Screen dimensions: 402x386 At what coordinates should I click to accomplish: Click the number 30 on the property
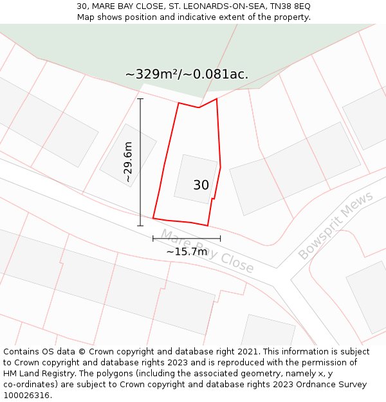click(x=201, y=185)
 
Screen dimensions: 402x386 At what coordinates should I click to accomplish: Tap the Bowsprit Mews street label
click(x=336, y=226)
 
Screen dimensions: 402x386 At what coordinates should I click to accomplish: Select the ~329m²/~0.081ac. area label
click(x=187, y=75)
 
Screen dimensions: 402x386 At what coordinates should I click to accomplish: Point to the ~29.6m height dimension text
click(x=128, y=162)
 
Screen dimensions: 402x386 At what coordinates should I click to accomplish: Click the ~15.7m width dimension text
click(x=187, y=251)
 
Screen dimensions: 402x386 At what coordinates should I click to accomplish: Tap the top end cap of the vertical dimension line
click(x=140, y=98)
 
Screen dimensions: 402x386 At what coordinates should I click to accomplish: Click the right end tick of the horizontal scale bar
click(x=220, y=239)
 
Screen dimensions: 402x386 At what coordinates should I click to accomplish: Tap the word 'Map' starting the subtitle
click(x=86, y=17)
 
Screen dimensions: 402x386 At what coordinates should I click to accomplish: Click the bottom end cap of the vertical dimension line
click(x=140, y=226)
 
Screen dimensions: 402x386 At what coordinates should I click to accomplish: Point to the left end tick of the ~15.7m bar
click(x=153, y=239)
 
